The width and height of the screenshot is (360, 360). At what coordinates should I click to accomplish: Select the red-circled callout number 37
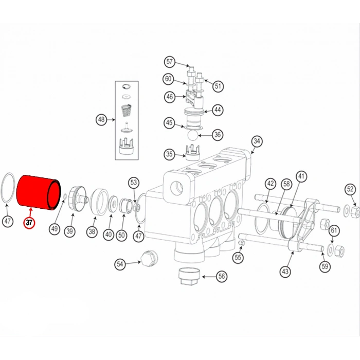click(29, 223)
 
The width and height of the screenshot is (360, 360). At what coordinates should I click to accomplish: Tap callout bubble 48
click(101, 120)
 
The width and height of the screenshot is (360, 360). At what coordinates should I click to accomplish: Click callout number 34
click(257, 140)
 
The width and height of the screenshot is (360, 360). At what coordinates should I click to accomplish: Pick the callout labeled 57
click(170, 62)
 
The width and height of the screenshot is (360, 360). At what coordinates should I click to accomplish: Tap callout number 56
click(222, 276)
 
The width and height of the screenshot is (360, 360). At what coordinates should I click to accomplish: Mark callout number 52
click(350, 189)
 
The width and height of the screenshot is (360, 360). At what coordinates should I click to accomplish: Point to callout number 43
click(285, 271)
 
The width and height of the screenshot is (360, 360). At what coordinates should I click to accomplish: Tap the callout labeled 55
click(238, 257)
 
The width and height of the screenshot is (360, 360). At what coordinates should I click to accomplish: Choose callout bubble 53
click(134, 182)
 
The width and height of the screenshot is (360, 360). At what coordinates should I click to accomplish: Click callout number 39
click(69, 231)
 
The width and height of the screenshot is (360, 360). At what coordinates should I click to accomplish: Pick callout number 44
click(218, 110)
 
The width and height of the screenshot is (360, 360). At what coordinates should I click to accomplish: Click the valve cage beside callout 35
click(191, 153)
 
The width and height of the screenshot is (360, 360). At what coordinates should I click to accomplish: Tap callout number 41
click(301, 176)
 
